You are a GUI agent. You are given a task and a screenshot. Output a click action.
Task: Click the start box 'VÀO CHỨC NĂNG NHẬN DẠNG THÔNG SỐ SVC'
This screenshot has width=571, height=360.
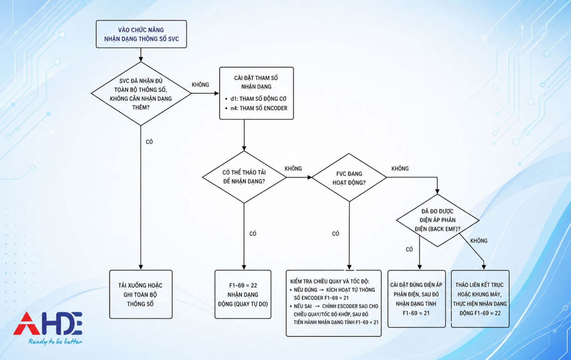click(x=141, y=34)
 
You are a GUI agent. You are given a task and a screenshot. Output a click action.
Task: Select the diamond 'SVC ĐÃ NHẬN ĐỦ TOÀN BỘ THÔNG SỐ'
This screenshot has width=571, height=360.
click(x=141, y=94)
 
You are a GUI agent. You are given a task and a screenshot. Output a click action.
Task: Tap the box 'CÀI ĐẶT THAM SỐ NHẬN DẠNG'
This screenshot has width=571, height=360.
click(x=257, y=93)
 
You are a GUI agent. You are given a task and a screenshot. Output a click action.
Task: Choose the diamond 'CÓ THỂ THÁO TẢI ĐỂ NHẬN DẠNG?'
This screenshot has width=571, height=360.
click(x=244, y=177)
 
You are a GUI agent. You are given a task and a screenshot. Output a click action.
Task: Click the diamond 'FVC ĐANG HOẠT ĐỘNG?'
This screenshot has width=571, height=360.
click(x=349, y=178)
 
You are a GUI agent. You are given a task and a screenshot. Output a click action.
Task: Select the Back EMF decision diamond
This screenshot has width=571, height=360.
click(x=437, y=220)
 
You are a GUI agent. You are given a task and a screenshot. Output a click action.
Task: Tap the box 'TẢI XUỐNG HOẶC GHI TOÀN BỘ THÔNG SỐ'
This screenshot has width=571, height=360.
click(x=141, y=294)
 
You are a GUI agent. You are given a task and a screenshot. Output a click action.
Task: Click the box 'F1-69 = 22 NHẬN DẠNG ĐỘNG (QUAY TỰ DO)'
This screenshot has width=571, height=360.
click(x=243, y=294)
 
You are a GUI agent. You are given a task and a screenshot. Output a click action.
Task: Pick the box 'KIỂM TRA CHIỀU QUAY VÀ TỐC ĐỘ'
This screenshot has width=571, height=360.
click(x=333, y=303)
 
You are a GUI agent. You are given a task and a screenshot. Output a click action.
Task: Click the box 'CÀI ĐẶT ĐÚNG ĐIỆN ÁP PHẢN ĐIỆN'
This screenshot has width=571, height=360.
click(x=416, y=299)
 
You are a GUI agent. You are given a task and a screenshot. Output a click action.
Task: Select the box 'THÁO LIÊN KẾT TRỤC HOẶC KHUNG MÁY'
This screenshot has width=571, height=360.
click(x=480, y=299)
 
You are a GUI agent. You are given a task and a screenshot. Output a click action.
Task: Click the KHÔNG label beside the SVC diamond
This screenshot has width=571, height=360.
click(x=200, y=85)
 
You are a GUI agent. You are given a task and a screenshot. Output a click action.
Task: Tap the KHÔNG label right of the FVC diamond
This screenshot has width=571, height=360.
click(x=400, y=168)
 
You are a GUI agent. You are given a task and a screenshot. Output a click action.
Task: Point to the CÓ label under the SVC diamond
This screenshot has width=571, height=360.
click(x=149, y=142)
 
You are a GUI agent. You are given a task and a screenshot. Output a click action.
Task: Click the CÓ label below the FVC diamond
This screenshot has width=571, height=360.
click(x=335, y=234)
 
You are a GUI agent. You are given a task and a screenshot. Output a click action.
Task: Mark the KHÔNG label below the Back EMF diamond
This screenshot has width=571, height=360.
click(x=478, y=241)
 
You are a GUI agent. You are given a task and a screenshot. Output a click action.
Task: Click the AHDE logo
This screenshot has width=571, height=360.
click(x=48, y=323)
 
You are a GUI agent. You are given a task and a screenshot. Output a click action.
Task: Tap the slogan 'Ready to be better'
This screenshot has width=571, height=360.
click(x=55, y=342)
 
